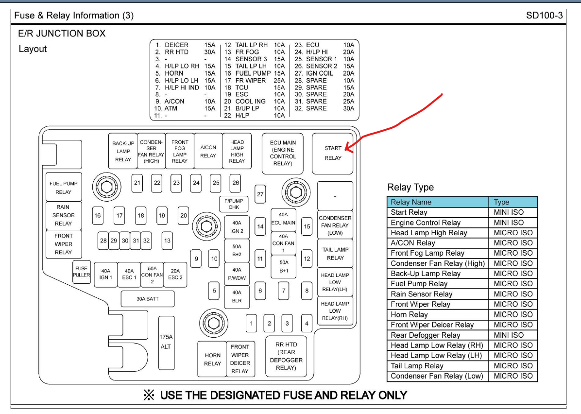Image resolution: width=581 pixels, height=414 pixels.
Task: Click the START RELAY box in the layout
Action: point(333,153)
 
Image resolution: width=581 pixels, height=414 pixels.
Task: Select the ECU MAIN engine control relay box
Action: point(282,153)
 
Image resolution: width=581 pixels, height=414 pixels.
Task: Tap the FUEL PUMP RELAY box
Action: point(63,188)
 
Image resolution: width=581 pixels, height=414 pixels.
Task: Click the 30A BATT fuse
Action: point(147,299)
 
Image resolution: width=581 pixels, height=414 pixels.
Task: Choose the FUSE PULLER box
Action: point(81,271)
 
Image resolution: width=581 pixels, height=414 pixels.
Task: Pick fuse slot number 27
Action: point(260,194)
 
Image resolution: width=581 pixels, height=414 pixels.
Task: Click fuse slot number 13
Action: point(167,241)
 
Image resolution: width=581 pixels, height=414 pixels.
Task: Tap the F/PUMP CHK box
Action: point(234,204)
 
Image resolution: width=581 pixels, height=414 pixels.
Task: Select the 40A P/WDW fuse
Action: point(237,274)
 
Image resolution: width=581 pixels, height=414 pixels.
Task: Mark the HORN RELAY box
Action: point(212,359)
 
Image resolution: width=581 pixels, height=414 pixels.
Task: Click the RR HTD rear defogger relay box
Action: point(286,356)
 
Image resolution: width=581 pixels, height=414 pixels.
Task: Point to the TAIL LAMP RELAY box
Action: point(335,253)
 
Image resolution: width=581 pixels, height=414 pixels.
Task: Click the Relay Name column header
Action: point(411,202)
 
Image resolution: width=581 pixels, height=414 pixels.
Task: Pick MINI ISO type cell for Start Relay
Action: point(509,212)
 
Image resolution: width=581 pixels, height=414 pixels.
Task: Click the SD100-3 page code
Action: point(544,16)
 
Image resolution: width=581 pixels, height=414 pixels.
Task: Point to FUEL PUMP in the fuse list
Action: point(253,73)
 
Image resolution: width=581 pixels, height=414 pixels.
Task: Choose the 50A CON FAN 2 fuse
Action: point(152,275)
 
